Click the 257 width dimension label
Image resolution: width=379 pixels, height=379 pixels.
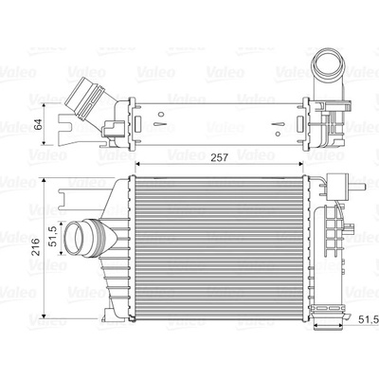pos(219,157)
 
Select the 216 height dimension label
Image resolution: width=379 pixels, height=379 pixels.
pos(35,246)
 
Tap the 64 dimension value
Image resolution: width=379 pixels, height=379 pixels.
pos(38,124)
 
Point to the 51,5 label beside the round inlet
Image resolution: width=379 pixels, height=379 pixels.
pos(53,236)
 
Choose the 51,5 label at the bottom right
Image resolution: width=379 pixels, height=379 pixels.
pos(369,319)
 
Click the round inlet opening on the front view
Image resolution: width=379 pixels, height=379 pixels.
pos(75,238)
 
